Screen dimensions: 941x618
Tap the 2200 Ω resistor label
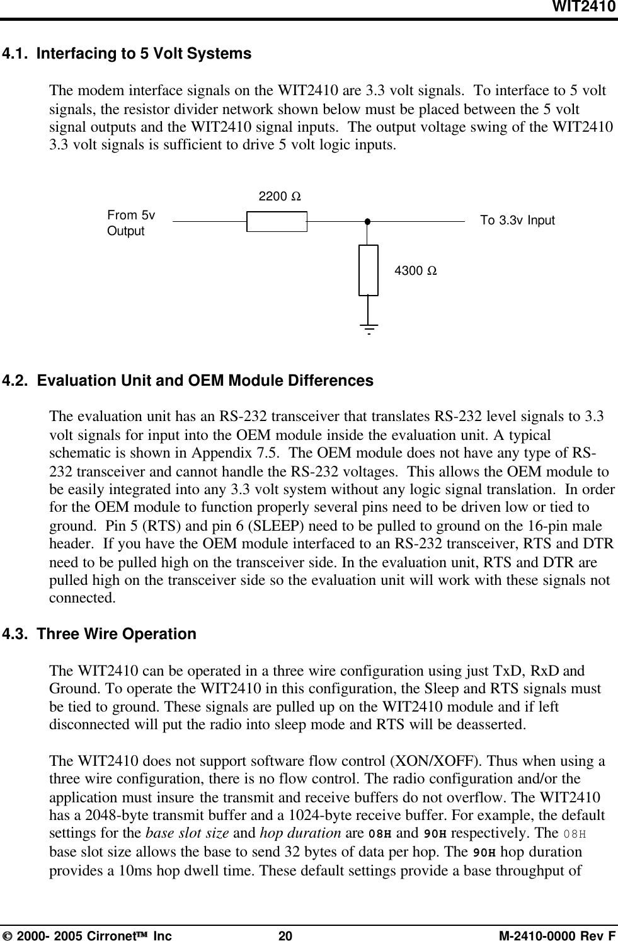pyautogui.click(x=279, y=197)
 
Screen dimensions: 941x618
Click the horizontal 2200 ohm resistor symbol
pyautogui.click(x=277, y=222)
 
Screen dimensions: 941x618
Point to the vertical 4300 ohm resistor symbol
pyautogui.click(x=369, y=270)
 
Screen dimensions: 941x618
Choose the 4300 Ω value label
pyautogui.click(x=416, y=271)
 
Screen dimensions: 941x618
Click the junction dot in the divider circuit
pyautogui.click(x=366, y=222)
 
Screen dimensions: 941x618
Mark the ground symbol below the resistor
pyautogui.click(x=369, y=328)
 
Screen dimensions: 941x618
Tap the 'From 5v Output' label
pyautogui.click(x=131, y=223)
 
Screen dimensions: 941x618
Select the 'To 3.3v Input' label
pyautogui.click(x=517, y=221)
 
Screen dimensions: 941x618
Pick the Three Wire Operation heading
pyautogui.click(x=117, y=633)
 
